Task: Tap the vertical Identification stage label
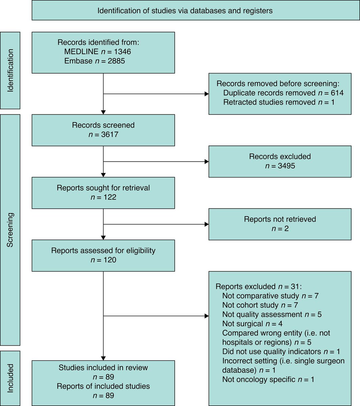point(10,70)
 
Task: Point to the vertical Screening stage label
point(10,230)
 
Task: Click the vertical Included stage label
point(10,378)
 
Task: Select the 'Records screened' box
point(103,130)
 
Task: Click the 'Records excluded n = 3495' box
point(280,161)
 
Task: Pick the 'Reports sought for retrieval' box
point(103,193)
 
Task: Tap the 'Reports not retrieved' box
point(280,224)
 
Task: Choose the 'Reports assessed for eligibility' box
point(103,255)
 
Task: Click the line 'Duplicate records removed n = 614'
point(283,93)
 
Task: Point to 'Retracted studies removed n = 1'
point(279,102)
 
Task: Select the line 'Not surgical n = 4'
point(252,324)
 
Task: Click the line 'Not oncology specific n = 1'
point(268,379)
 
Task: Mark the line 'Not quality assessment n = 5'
point(272,314)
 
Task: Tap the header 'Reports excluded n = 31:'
point(259,287)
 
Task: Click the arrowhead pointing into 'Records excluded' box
point(207,162)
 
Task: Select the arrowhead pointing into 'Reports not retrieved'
point(207,224)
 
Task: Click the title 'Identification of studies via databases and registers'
point(185,10)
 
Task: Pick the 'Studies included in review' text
point(103,367)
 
